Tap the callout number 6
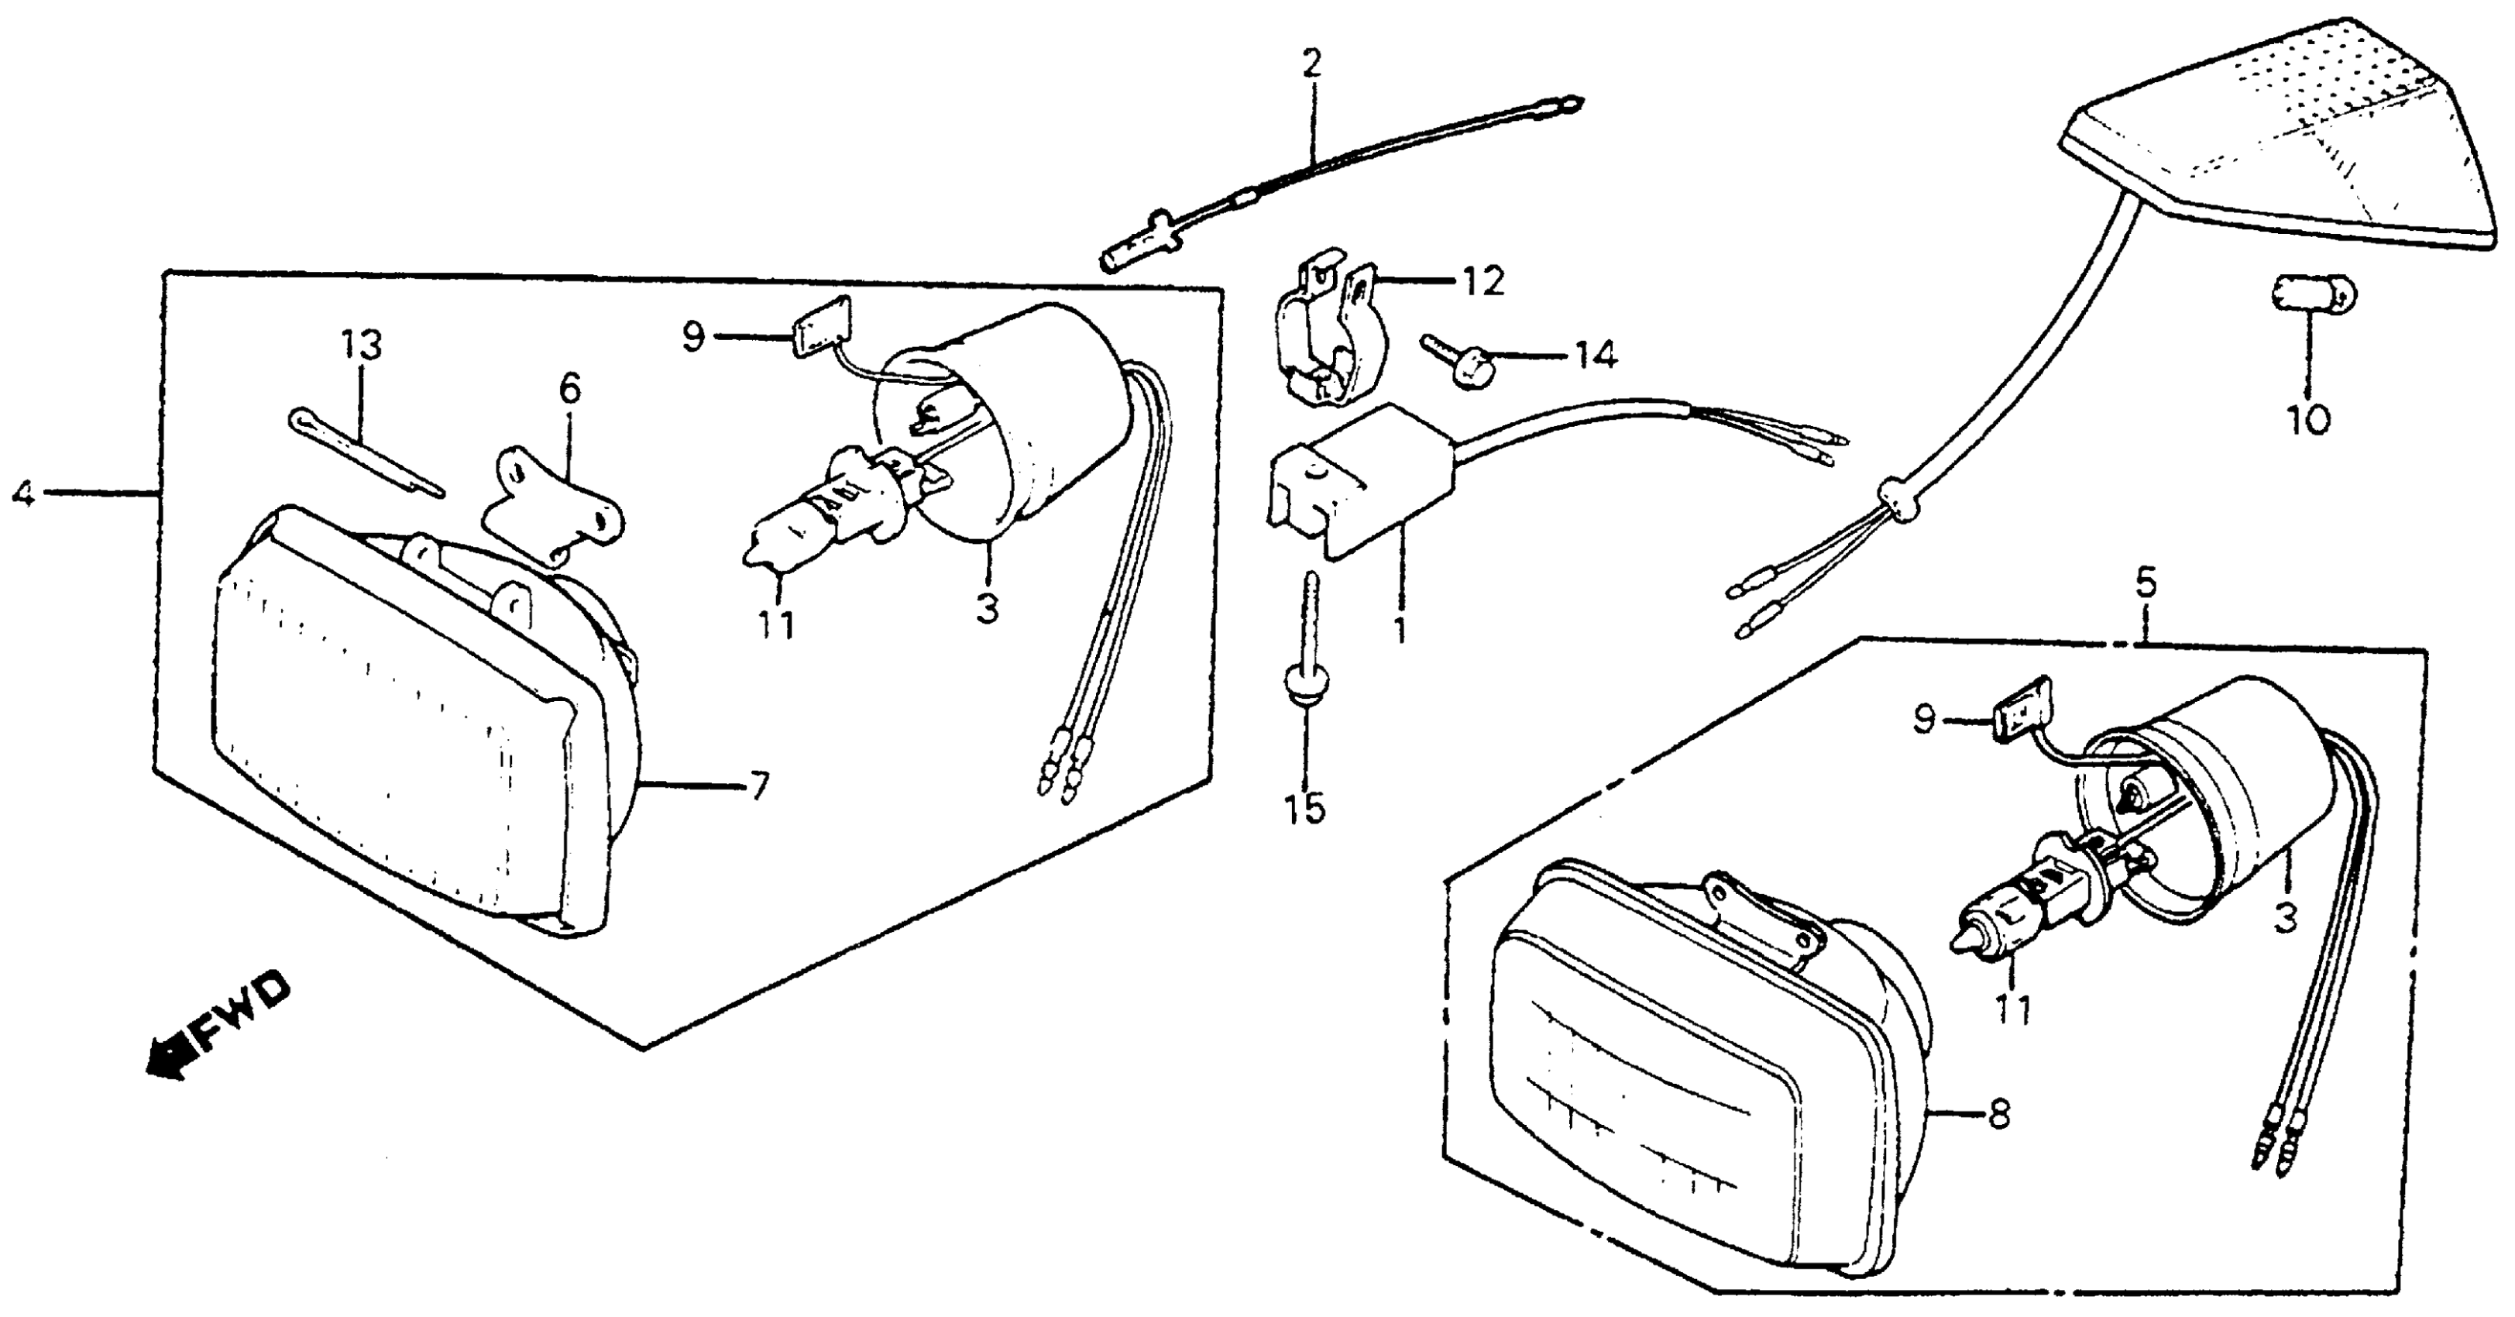pos(569,390)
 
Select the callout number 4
pos(23,494)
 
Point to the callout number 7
pos(758,784)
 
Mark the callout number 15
pos(1305,808)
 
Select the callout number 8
pos(1998,1114)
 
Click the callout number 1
pos(1400,630)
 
